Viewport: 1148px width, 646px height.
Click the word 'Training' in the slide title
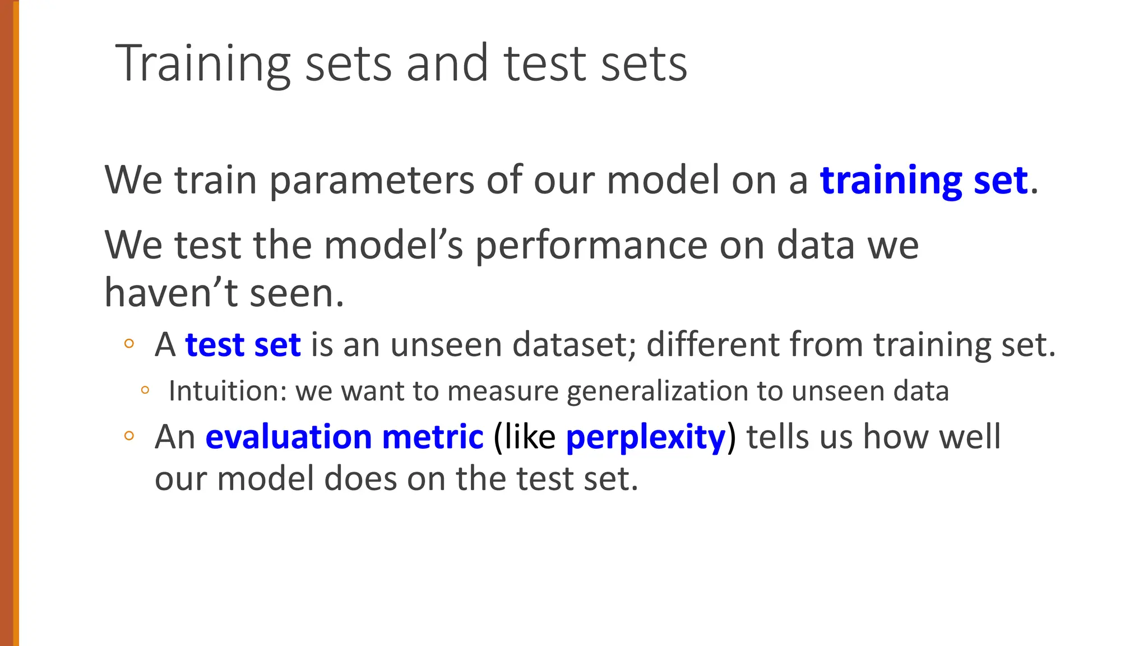(203, 64)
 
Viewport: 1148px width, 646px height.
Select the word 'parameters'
(372, 182)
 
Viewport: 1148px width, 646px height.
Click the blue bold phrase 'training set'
(924, 181)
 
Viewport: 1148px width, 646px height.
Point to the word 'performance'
(591, 246)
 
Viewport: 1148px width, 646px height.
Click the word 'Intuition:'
(228, 391)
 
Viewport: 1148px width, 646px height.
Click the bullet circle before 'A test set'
(129, 344)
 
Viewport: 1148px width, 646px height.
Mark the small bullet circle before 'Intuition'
(145, 390)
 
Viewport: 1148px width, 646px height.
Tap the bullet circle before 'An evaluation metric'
(129, 436)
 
